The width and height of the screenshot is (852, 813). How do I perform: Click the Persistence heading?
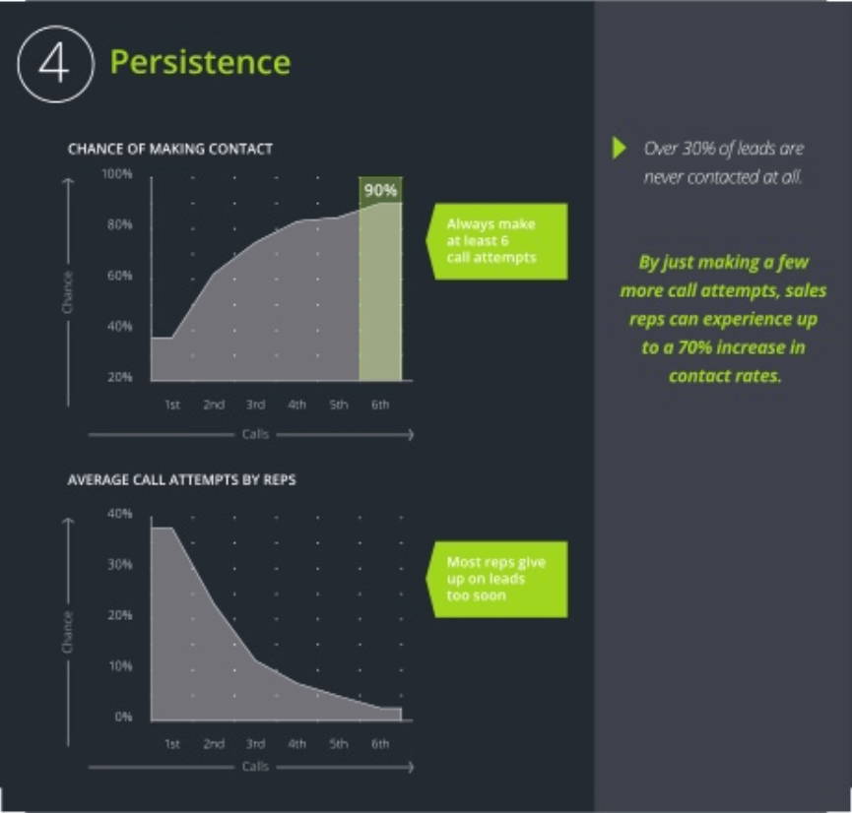tap(200, 62)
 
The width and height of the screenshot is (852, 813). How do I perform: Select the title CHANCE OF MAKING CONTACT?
tap(170, 149)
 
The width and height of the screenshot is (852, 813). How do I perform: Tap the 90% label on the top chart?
tap(380, 189)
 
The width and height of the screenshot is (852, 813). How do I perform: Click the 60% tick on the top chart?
tap(119, 276)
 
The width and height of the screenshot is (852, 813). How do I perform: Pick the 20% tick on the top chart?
tap(119, 377)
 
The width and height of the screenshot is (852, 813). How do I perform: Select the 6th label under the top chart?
tap(380, 405)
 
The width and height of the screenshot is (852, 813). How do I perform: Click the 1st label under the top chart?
tap(171, 405)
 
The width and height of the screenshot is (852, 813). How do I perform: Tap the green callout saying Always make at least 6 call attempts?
tap(498, 241)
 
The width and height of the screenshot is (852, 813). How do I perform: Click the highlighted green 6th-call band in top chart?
tap(380, 295)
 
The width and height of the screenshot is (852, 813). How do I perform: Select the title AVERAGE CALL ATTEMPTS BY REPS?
tap(181, 480)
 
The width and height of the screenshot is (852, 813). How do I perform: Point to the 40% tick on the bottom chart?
tap(119, 514)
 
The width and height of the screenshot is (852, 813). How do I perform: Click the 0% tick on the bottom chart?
tap(122, 717)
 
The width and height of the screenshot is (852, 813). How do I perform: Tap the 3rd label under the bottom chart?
tap(255, 744)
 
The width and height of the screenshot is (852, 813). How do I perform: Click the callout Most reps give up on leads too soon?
tap(498, 579)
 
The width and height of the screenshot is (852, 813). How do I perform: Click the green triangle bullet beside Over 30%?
tap(619, 149)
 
